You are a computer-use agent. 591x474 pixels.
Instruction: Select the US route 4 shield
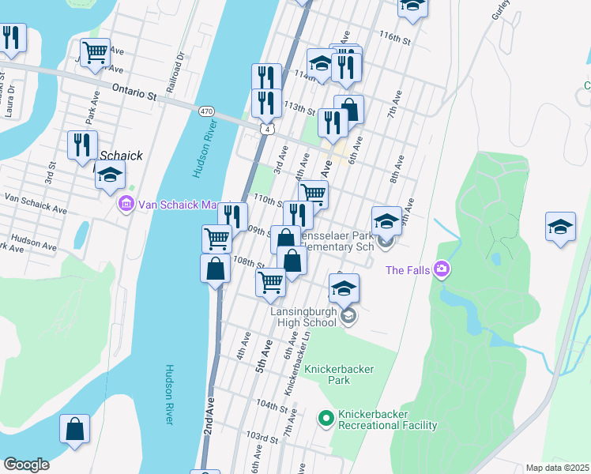[269, 129]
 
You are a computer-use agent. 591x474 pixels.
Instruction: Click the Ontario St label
[133, 92]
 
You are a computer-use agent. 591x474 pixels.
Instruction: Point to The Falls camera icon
[441, 270]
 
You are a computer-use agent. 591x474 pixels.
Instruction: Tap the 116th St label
[395, 37]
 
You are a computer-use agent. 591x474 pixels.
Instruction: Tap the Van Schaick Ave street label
[36, 202]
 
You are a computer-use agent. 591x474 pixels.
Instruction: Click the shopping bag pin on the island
[74, 431]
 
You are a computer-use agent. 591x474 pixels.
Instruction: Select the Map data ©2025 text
[558, 468]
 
